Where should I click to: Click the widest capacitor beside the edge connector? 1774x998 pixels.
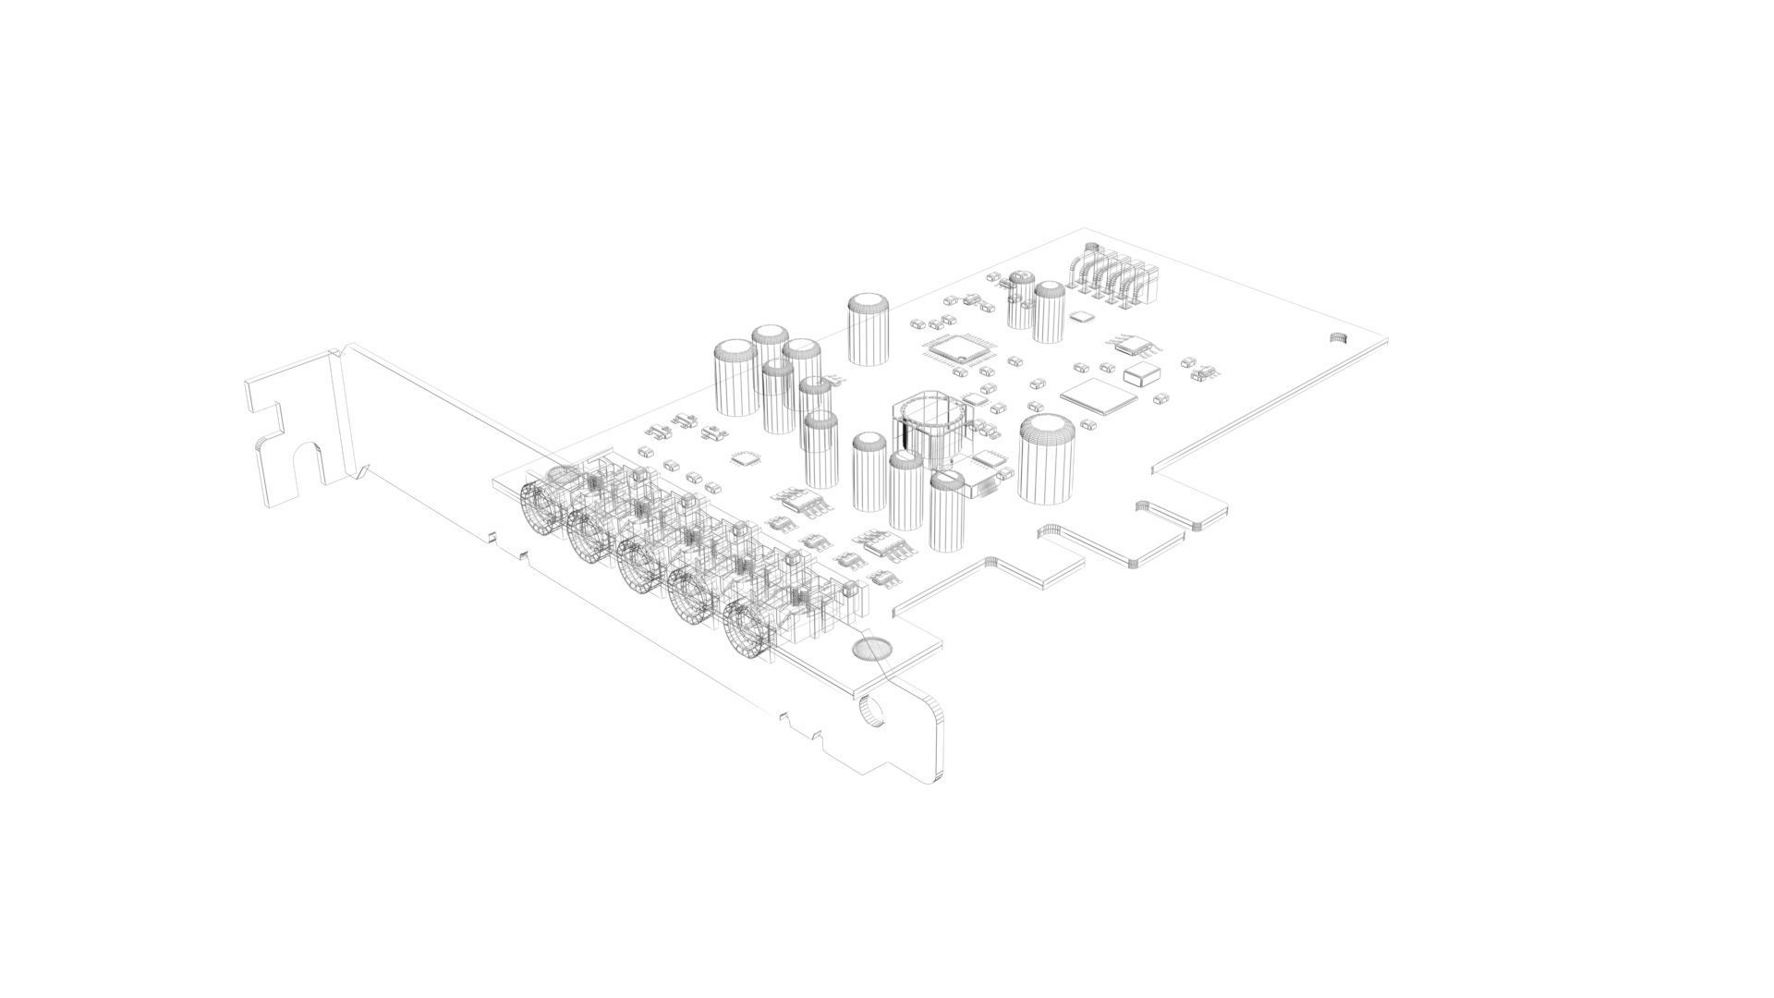(1047, 459)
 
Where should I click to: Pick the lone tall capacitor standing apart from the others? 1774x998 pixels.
(869, 329)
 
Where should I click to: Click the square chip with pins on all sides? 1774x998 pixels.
(957, 349)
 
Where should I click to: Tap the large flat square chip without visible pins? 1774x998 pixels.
(1098, 395)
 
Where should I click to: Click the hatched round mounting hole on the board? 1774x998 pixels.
(869, 650)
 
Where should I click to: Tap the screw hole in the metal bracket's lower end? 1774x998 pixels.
(870, 713)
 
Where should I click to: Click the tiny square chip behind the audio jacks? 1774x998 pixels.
(744, 457)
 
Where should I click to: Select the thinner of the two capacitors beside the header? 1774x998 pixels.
(1021, 299)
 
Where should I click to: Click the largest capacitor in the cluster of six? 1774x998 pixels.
(736, 378)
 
